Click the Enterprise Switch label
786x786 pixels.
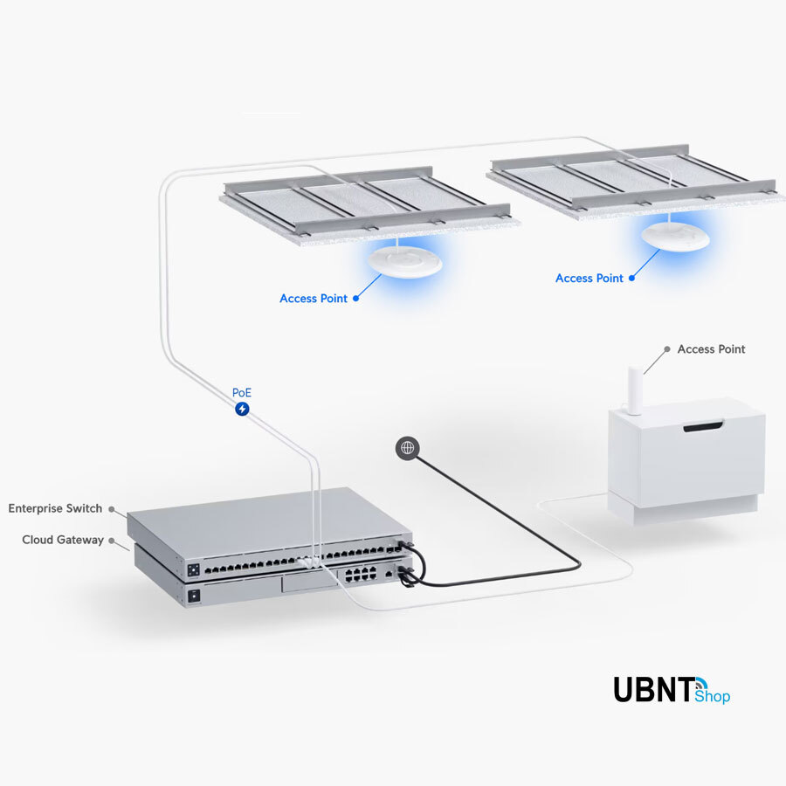(x=55, y=508)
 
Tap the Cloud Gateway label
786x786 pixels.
(x=63, y=540)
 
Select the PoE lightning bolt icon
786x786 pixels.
(x=242, y=409)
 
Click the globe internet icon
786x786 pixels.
(x=407, y=448)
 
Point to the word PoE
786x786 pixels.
(x=242, y=393)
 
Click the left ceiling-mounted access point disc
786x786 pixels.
(x=403, y=262)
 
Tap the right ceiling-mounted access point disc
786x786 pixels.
(x=674, y=237)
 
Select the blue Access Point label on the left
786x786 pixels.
(x=314, y=299)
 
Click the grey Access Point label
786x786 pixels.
(x=711, y=349)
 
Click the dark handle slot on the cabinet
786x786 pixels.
(x=702, y=427)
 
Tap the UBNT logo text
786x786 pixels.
(x=653, y=689)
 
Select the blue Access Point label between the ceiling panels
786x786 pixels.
(x=589, y=279)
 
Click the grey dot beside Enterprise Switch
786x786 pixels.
(x=111, y=508)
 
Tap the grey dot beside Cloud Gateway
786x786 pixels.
(x=113, y=541)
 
